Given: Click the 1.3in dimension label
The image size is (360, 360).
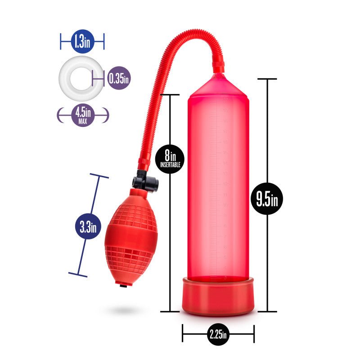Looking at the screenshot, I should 82,42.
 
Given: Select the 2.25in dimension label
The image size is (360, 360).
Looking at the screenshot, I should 218,334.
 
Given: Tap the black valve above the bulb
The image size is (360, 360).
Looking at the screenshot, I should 145,182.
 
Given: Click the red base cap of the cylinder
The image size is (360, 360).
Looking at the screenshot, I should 218,296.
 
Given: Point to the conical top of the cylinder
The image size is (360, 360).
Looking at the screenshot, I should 219,85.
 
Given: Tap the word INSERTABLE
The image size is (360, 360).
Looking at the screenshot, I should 170,165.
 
